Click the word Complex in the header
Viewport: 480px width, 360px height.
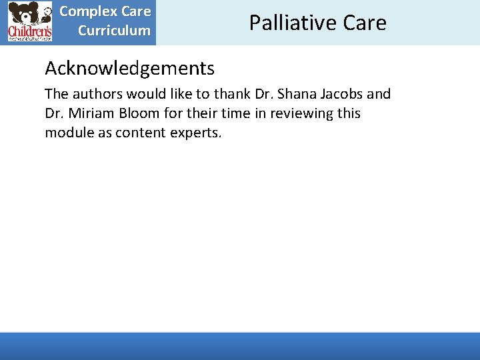pos(89,11)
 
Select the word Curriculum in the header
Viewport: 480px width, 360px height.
pos(114,30)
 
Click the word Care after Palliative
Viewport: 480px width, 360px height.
pos(365,23)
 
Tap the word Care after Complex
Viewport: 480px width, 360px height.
pos(136,11)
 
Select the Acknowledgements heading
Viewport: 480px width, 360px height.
pos(129,68)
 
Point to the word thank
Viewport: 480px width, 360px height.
pos(232,94)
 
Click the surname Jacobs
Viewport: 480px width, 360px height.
pos(344,94)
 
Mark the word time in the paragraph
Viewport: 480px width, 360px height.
pos(220,113)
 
